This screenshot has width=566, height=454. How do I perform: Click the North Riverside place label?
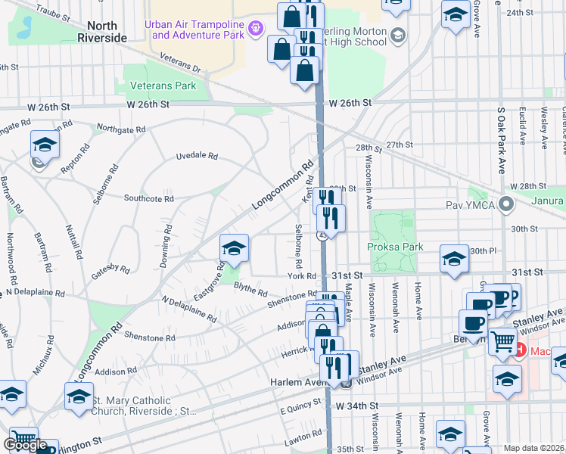[97, 32]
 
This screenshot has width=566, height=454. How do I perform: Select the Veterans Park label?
[163, 86]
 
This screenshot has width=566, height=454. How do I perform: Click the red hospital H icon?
[521, 350]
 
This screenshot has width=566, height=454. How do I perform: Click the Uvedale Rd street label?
[197, 156]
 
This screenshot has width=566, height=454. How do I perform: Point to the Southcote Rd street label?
[149, 198]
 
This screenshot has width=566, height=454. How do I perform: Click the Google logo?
[24, 445]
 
